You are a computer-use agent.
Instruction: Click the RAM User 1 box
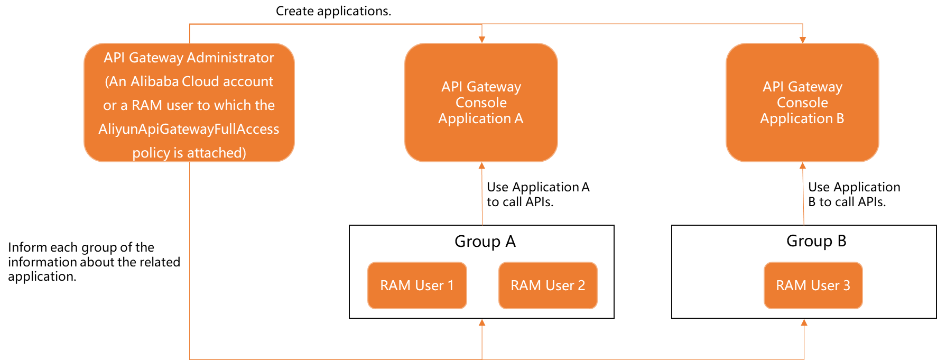(417, 285)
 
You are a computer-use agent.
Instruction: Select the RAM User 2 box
(548, 285)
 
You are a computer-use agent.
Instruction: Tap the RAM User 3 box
(813, 285)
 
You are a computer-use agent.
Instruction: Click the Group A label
(485, 242)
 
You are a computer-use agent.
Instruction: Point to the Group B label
(816, 241)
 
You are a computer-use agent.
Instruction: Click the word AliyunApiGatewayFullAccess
(189, 129)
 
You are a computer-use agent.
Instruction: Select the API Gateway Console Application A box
(481, 103)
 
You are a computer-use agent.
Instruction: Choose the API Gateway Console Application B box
(802, 103)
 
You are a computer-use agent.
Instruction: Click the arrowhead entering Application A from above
(482, 40)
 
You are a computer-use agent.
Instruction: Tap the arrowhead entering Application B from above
(803, 40)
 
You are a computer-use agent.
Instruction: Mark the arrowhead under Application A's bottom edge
(482, 166)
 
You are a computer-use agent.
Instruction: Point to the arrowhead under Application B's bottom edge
(803, 166)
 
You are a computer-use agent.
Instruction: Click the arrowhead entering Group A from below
(482, 322)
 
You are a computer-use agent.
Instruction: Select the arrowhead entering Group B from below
(804, 322)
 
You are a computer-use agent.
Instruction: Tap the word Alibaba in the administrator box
(154, 81)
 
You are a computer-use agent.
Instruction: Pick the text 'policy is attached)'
(189, 153)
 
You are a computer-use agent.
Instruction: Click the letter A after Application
(519, 118)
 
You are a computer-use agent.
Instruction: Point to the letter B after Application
(840, 118)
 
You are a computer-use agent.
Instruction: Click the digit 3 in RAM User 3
(847, 285)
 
